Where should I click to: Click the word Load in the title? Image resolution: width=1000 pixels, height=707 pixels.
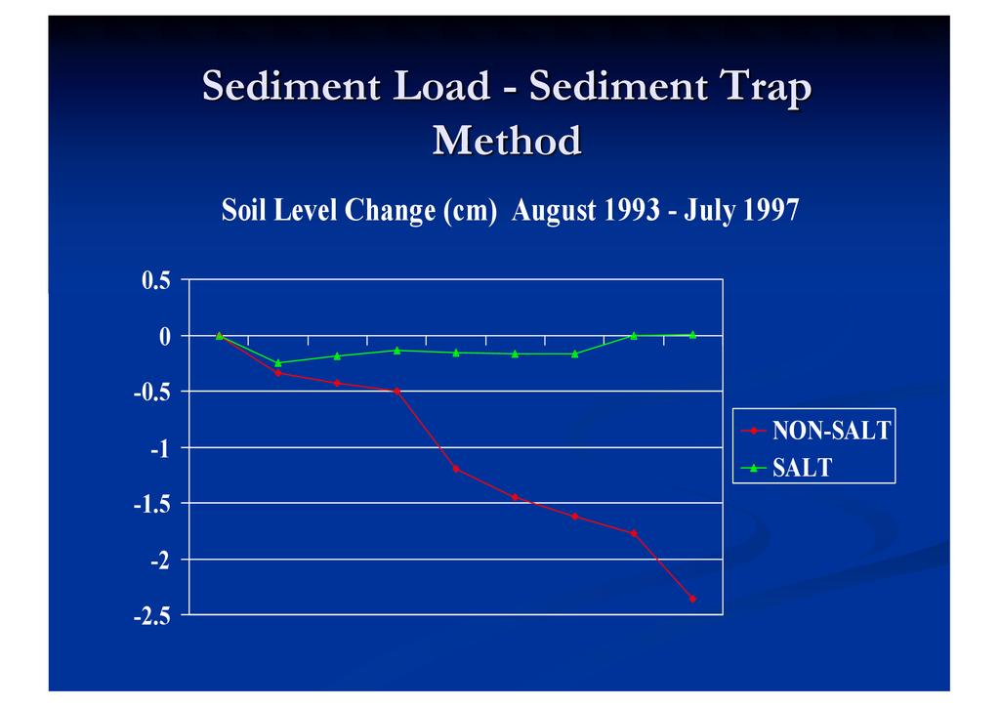(x=440, y=88)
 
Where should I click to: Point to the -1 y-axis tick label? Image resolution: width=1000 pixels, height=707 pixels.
(x=160, y=448)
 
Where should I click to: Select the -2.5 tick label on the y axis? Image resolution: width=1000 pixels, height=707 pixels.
(x=152, y=616)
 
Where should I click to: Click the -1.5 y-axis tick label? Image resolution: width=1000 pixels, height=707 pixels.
(x=152, y=504)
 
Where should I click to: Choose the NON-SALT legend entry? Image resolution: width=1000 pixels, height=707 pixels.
(x=831, y=430)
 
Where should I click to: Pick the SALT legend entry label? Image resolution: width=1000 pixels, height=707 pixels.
(x=802, y=468)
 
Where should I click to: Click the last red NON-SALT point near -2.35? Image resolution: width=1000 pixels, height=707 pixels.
(x=692, y=599)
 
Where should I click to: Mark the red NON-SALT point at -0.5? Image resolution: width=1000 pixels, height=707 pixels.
(x=396, y=392)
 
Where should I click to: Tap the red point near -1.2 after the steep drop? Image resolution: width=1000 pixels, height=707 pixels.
(x=456, y=469)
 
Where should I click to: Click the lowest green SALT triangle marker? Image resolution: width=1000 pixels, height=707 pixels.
(x=278, y=362)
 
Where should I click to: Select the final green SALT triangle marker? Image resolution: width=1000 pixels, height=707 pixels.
(x=692, y=334)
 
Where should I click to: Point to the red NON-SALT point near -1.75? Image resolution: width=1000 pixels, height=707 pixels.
(x=634, y=533)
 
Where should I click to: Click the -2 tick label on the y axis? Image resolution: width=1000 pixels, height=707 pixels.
(x=160, y=561)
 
